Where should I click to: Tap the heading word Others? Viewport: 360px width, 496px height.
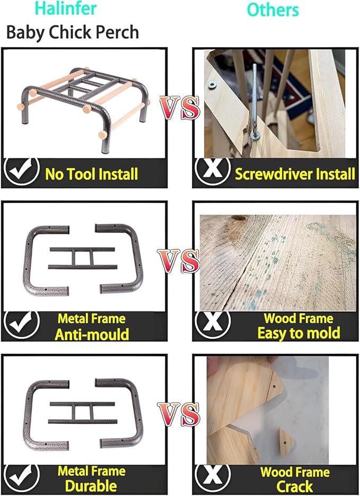click(x=273, y=10)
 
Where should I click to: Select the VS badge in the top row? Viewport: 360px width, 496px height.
click(x=180, y=108)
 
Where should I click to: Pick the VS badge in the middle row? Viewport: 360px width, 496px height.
click(x=179, y=261)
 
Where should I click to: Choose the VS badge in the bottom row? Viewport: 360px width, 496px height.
click(x=179, y=414)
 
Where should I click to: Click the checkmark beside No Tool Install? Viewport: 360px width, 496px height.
click(x=21, y=171)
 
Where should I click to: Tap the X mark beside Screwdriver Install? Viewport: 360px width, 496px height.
click(x=213, y=171)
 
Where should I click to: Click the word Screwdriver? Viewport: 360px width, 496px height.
click(x=274, y=174)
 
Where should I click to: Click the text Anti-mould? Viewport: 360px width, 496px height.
click(x=92, y=334)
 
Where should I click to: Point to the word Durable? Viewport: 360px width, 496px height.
click(x=91, y=486)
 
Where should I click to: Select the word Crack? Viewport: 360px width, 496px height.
click(x=295, y=486)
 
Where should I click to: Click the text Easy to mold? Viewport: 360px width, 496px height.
click(x=298, y=333)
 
